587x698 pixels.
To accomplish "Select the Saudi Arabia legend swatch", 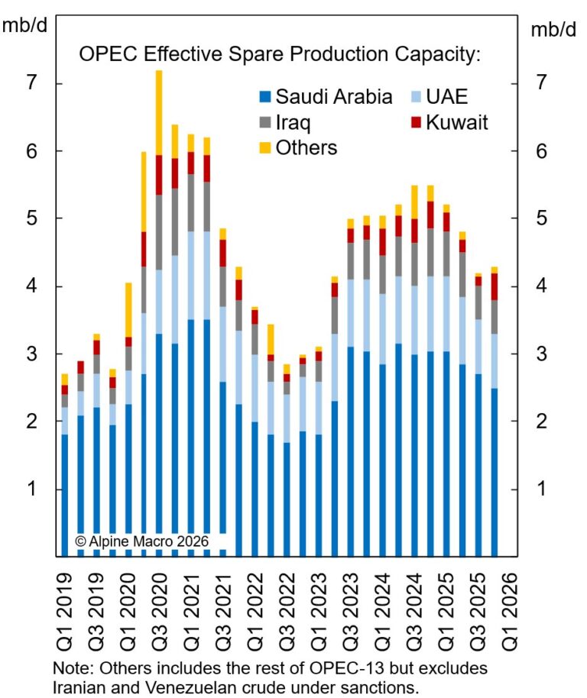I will click(x=264, y=97).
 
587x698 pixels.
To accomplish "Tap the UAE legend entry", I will click(x=439, y=97).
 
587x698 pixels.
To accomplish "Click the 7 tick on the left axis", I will click(x=32, y=82).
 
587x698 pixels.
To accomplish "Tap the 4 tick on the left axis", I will click(x=32, y=286).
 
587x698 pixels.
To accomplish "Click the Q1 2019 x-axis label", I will click(x=65, y=607).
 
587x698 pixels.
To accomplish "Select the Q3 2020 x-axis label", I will click(x=159, y=607).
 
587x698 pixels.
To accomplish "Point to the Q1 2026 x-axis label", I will click(x=507, y=607).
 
